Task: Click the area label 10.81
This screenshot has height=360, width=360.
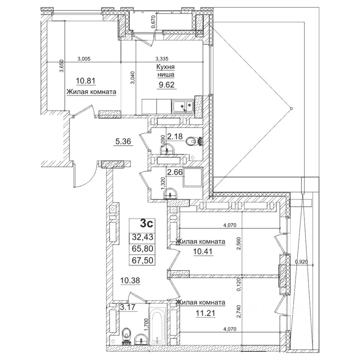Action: click(x=84, y=80)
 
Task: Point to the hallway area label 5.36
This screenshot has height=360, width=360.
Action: click(x=123, y=142)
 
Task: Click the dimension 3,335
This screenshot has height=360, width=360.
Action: click(x=162, y=58)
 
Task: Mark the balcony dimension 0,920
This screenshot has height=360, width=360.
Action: click(x=301, y=262)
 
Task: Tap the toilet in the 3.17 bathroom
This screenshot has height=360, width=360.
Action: click(x=126, y=334)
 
